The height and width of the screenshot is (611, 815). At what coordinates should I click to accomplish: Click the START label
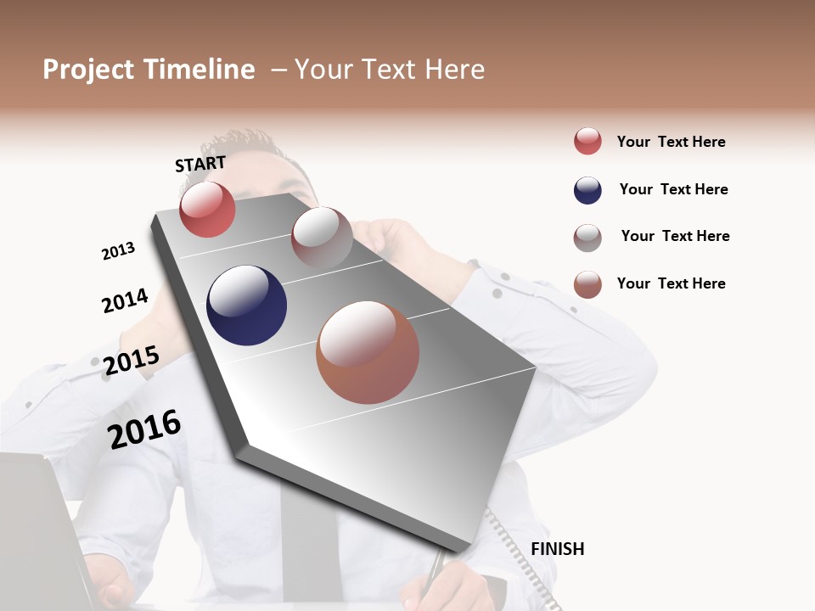200,164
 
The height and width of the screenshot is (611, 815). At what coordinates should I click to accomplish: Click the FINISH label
557,549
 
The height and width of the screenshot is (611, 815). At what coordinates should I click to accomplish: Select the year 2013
118,251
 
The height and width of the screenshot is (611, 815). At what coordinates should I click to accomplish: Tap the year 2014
125,300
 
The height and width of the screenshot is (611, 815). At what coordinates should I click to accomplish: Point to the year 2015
131,361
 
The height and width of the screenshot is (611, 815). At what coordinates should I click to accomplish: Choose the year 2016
144,429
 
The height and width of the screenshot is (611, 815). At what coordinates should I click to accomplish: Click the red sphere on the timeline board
207,210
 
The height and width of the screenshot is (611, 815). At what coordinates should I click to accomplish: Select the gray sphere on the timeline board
322,237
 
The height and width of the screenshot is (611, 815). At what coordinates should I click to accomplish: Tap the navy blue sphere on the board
246,305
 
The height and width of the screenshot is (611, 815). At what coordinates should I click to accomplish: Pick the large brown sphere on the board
368,352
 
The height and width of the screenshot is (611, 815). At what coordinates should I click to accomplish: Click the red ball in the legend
587,141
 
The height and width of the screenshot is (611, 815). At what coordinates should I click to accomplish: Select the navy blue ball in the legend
587,190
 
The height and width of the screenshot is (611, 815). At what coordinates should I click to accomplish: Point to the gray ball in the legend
587,238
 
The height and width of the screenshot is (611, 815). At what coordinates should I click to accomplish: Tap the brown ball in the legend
587,284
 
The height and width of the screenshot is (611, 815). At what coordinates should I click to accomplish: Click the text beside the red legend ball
671,142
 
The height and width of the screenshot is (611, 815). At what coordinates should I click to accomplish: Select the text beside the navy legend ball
673,189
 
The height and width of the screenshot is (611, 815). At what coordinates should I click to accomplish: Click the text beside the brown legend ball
671,283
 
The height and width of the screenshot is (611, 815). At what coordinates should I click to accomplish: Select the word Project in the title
88,70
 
